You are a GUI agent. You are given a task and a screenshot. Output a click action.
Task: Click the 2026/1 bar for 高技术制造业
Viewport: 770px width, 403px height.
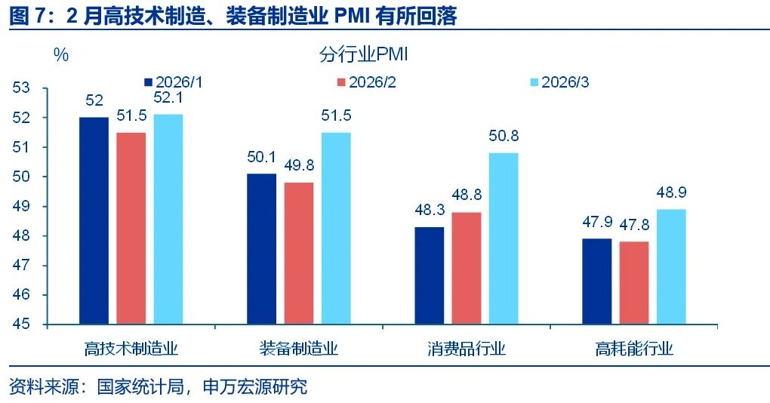94,220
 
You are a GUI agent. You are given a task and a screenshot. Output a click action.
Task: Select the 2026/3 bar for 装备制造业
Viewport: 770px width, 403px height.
335,228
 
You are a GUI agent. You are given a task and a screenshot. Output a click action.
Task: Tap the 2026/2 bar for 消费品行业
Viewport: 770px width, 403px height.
466,268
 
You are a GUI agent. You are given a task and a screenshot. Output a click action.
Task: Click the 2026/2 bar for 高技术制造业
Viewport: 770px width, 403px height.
131,228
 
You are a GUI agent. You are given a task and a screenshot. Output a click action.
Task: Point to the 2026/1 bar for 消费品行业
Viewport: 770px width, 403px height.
429,275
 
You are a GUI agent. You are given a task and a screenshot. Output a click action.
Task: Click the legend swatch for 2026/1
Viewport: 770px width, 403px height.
148,82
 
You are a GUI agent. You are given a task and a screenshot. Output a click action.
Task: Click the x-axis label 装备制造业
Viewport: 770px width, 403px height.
298,349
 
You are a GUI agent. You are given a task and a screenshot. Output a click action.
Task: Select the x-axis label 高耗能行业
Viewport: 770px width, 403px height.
633,349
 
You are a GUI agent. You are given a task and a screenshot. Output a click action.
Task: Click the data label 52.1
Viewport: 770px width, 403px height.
168,97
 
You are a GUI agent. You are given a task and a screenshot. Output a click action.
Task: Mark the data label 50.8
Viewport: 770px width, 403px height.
503,137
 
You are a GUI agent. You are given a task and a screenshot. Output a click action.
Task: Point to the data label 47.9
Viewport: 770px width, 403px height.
596,222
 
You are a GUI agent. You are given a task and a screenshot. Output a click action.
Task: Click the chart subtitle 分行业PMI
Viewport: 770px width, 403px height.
363,55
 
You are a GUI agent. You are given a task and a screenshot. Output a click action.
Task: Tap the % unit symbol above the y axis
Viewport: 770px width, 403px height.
61,55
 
